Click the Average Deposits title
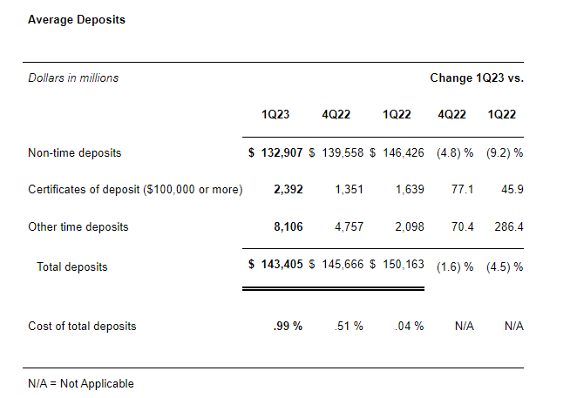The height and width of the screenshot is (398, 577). click(x=77, y=19)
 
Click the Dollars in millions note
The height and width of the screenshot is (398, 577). click(x=73, y=78)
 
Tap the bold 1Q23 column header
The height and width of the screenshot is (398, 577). click(x=275, y=115)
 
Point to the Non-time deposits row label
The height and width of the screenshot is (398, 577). click(x=75, y=152)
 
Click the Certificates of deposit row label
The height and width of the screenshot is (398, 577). click(x=135, y=190)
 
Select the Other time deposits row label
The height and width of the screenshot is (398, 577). click(x=78, y=227)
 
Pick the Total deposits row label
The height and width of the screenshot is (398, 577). click(x=72, y=266)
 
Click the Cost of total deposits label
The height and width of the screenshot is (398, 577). click(x=82, y=327)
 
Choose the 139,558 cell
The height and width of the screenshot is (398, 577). click(x=341, y=152)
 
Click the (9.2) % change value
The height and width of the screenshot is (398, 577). click(x=506, y=152)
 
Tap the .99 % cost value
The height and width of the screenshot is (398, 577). click(x=288, y=327)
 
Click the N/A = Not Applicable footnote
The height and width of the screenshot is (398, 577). click(x=81, y=383)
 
